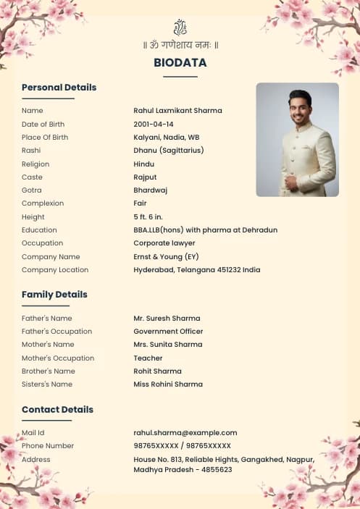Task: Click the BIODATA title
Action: click(180, 63)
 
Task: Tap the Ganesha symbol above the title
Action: click(180, 28)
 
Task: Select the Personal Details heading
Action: click(59, 88)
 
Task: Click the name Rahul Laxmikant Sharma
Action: click(177, 111)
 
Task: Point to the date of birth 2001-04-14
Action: click(154, 125)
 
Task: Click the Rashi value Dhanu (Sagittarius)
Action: click(169, 151)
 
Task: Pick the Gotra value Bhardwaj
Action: click(151, 190)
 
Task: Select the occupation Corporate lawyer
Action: click(164, 243)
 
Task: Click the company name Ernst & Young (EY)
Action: click(166, 257)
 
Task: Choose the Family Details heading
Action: click(54, 295)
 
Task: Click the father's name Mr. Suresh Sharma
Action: click(167, 319)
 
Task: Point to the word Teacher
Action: click(148, 358)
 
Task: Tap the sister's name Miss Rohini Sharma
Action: click(168, 384)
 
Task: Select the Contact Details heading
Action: click(57, 410)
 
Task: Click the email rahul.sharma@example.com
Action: click(185, 433)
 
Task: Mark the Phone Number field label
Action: click(48, 446)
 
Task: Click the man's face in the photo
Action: click(300, 107)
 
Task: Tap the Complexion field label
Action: click(43, 203)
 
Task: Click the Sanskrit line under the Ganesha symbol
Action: click(180, 46)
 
